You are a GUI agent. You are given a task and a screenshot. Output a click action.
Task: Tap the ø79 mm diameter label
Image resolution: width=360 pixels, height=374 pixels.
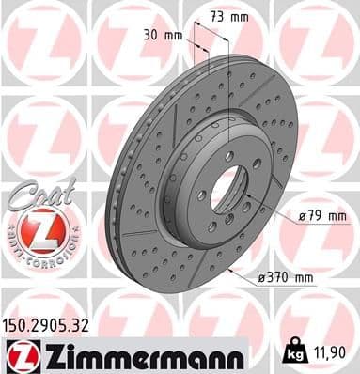pos(322,216)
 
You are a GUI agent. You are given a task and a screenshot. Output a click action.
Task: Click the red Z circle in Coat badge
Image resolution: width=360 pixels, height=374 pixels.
pos(36,231)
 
